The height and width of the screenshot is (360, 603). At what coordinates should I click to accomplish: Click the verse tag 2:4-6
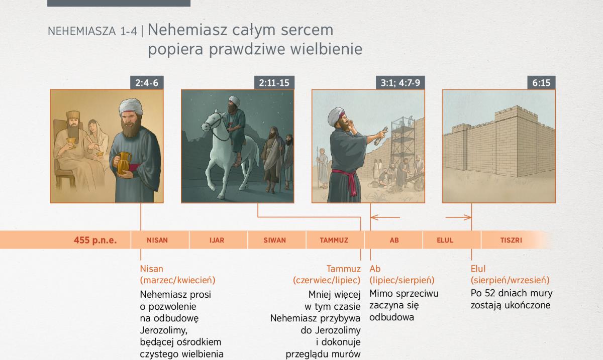[147, 83]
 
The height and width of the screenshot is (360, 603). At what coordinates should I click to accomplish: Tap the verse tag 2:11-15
[274, 83]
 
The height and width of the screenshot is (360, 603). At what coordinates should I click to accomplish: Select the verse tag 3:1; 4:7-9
[400, 83]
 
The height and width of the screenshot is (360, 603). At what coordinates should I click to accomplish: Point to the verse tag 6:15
[541, 83]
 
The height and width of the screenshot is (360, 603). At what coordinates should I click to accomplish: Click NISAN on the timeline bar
[157, 240]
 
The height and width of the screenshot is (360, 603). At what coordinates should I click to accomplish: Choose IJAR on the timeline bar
[217, 240]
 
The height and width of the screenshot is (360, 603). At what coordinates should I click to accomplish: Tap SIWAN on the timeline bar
[274, 240]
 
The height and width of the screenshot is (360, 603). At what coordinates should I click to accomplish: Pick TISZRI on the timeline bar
[511, 240]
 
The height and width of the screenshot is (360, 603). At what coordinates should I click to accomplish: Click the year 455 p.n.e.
[95, 240]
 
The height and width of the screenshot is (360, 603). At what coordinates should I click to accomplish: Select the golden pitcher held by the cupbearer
[124, 163]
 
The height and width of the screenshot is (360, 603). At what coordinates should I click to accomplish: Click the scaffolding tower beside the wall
[403, 148]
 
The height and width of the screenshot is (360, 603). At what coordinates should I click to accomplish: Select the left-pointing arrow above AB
[385, 217]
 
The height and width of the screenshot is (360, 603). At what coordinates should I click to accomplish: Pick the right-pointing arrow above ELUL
[458, 217]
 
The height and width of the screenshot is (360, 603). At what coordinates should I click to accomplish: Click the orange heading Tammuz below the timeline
[343, 269]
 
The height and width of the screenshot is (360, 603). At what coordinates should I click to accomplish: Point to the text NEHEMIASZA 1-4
[92, 32]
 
